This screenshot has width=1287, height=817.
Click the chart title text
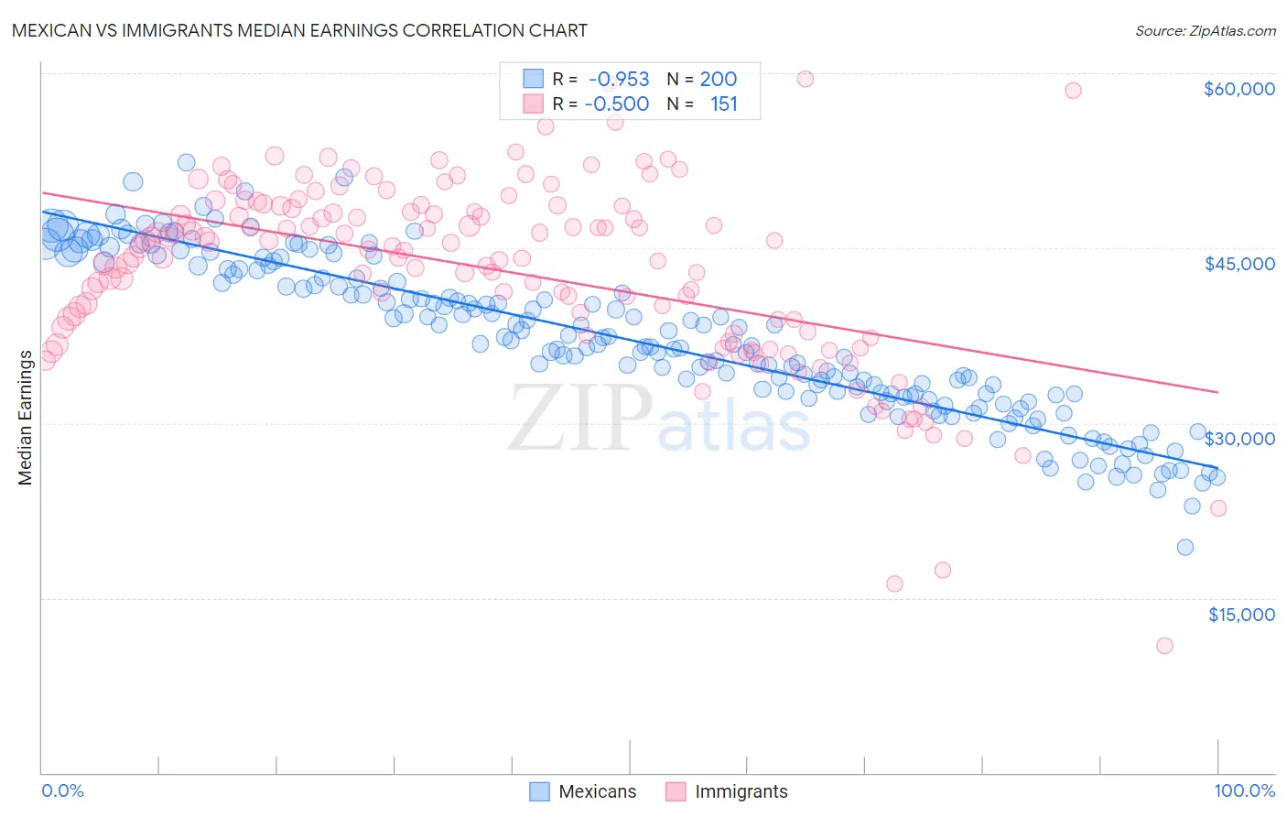(298, 30)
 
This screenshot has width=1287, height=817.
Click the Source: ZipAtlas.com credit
(1205, 31)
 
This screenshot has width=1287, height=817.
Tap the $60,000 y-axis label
(1238, 89)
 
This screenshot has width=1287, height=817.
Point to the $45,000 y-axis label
(1238, 264)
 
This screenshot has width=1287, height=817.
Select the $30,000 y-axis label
(1238, 439)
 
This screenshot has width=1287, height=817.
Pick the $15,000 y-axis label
(1240, 615)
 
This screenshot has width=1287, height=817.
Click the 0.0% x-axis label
(63, 790)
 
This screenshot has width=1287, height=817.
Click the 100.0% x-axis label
(1244, 790)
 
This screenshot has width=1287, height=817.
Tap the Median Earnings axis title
(25, 417)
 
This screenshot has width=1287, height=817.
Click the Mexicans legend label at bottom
(597, 791)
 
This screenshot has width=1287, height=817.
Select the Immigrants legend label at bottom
(741, 791)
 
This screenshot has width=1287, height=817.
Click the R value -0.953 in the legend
(618, 80)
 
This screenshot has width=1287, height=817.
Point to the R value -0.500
(618, 104)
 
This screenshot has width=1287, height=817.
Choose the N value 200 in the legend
(718, 80)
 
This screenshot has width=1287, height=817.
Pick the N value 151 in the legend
(723, 104)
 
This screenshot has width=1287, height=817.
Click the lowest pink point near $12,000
(1164, 646)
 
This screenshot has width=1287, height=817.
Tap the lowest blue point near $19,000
(1184, 547)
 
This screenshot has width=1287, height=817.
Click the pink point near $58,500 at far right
(1073, 90)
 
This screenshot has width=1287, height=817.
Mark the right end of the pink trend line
(1217, 392)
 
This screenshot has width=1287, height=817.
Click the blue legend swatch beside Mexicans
(540, 791)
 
